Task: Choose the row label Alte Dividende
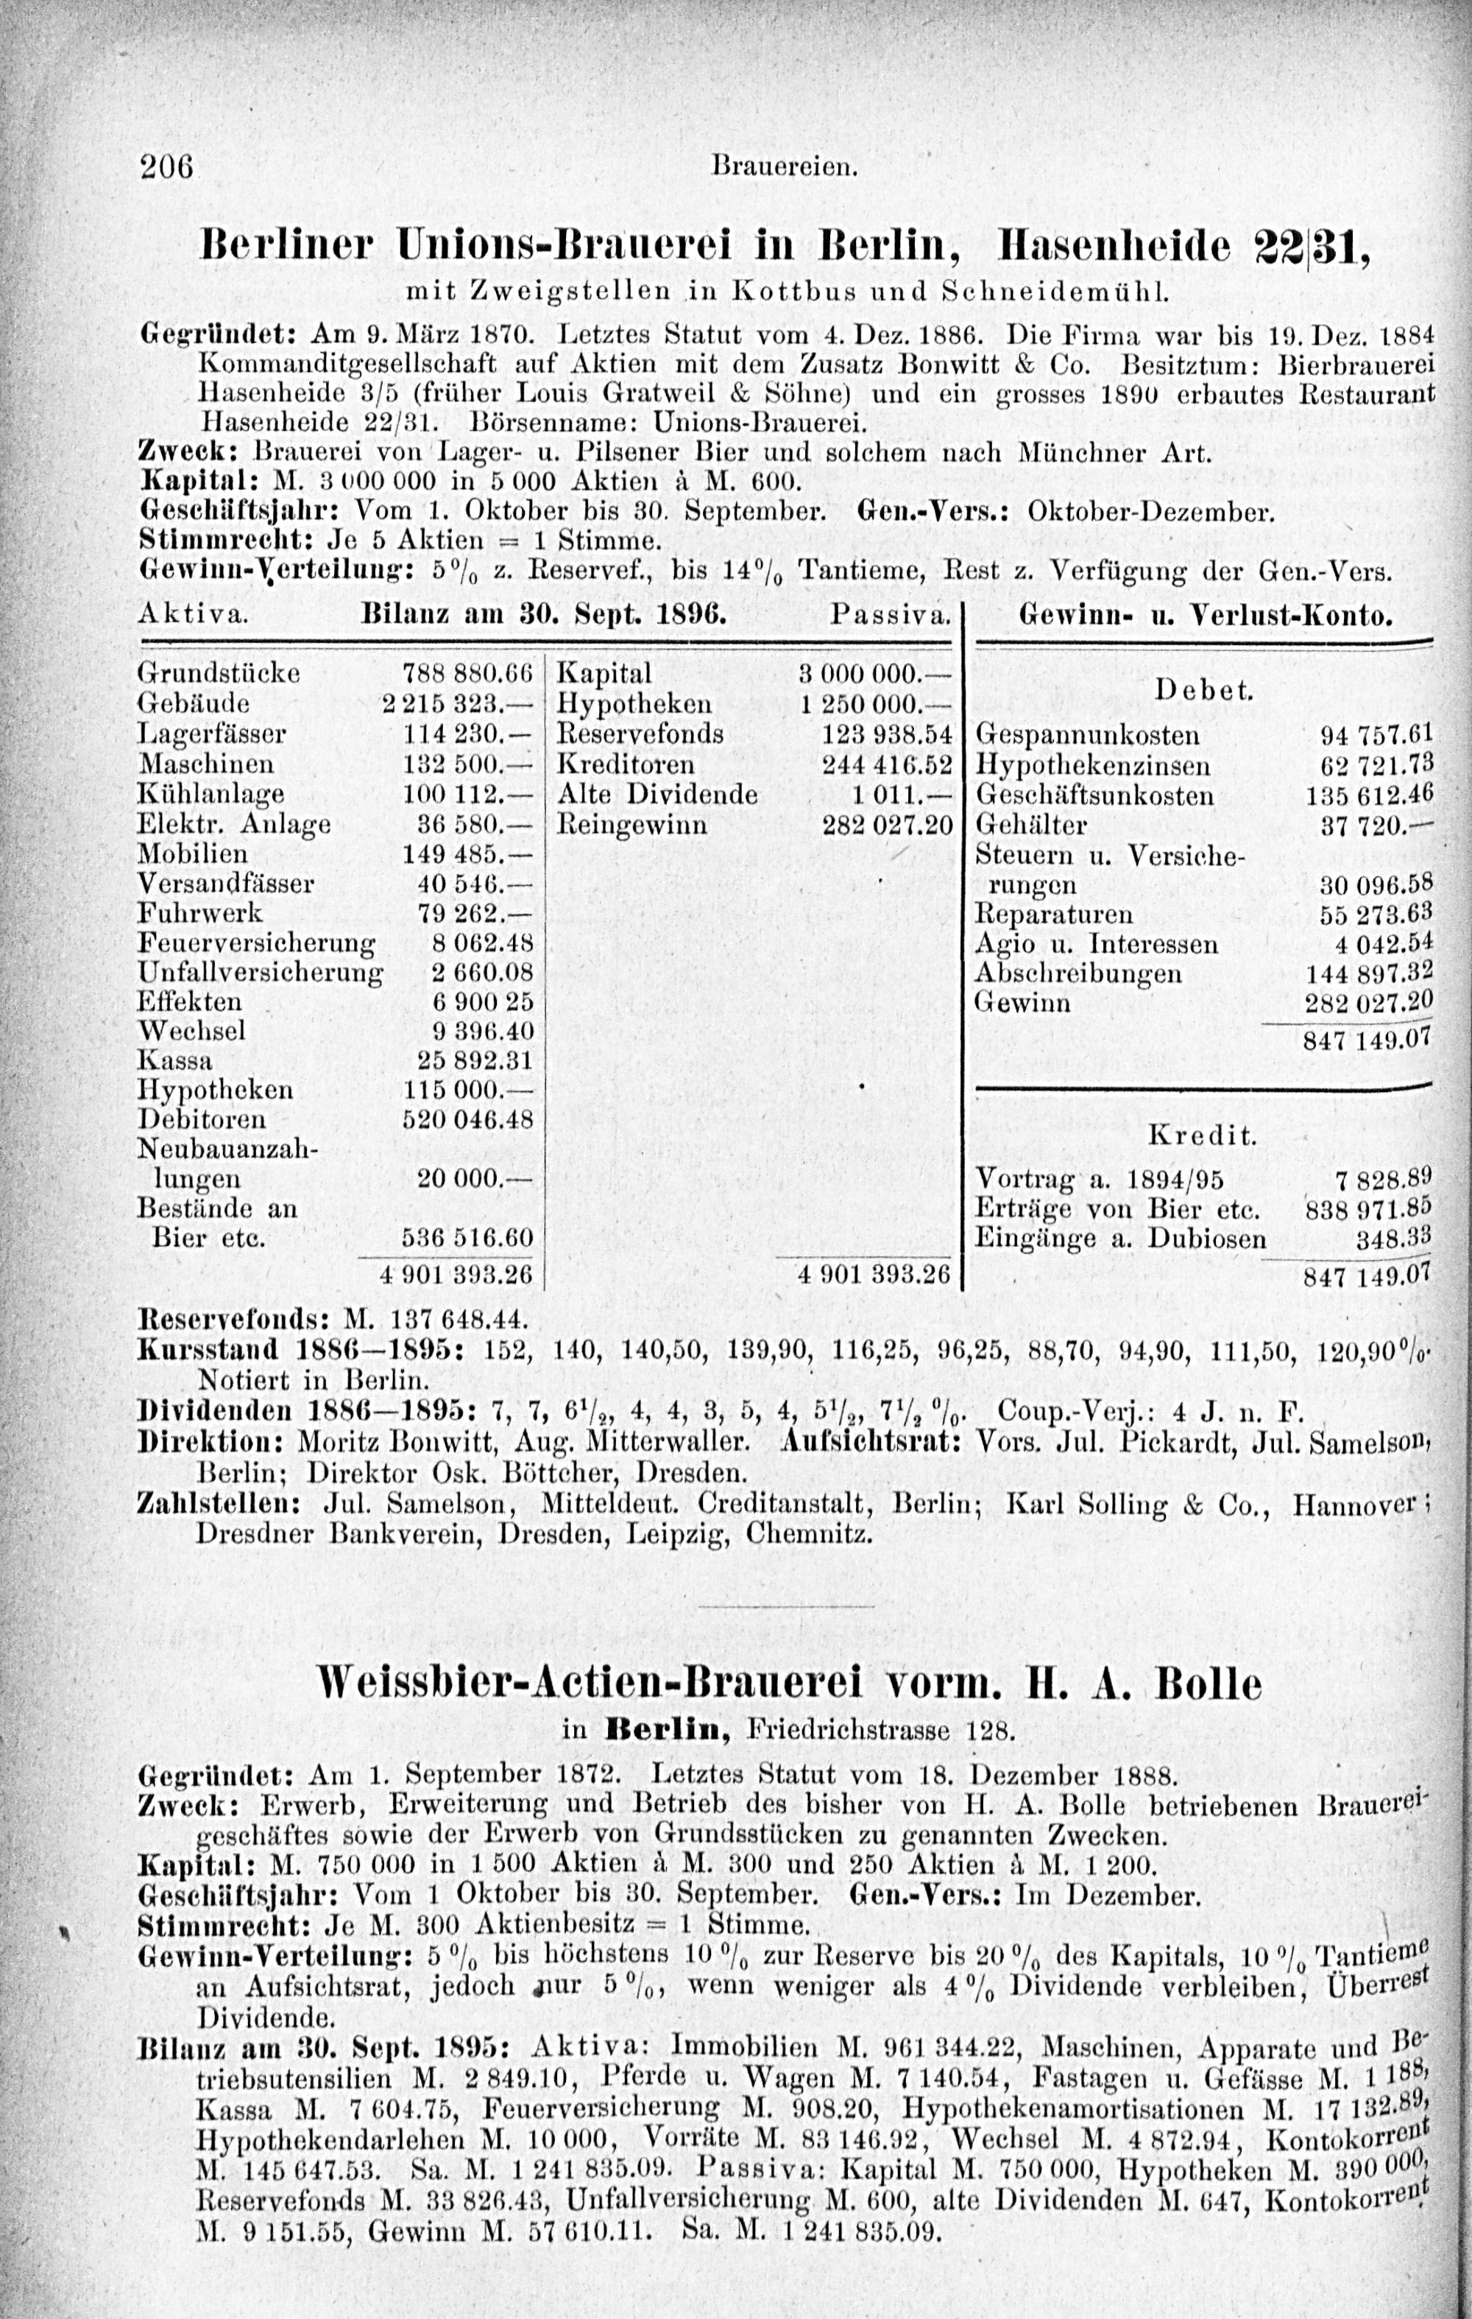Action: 657,795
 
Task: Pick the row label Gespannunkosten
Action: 1088,736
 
